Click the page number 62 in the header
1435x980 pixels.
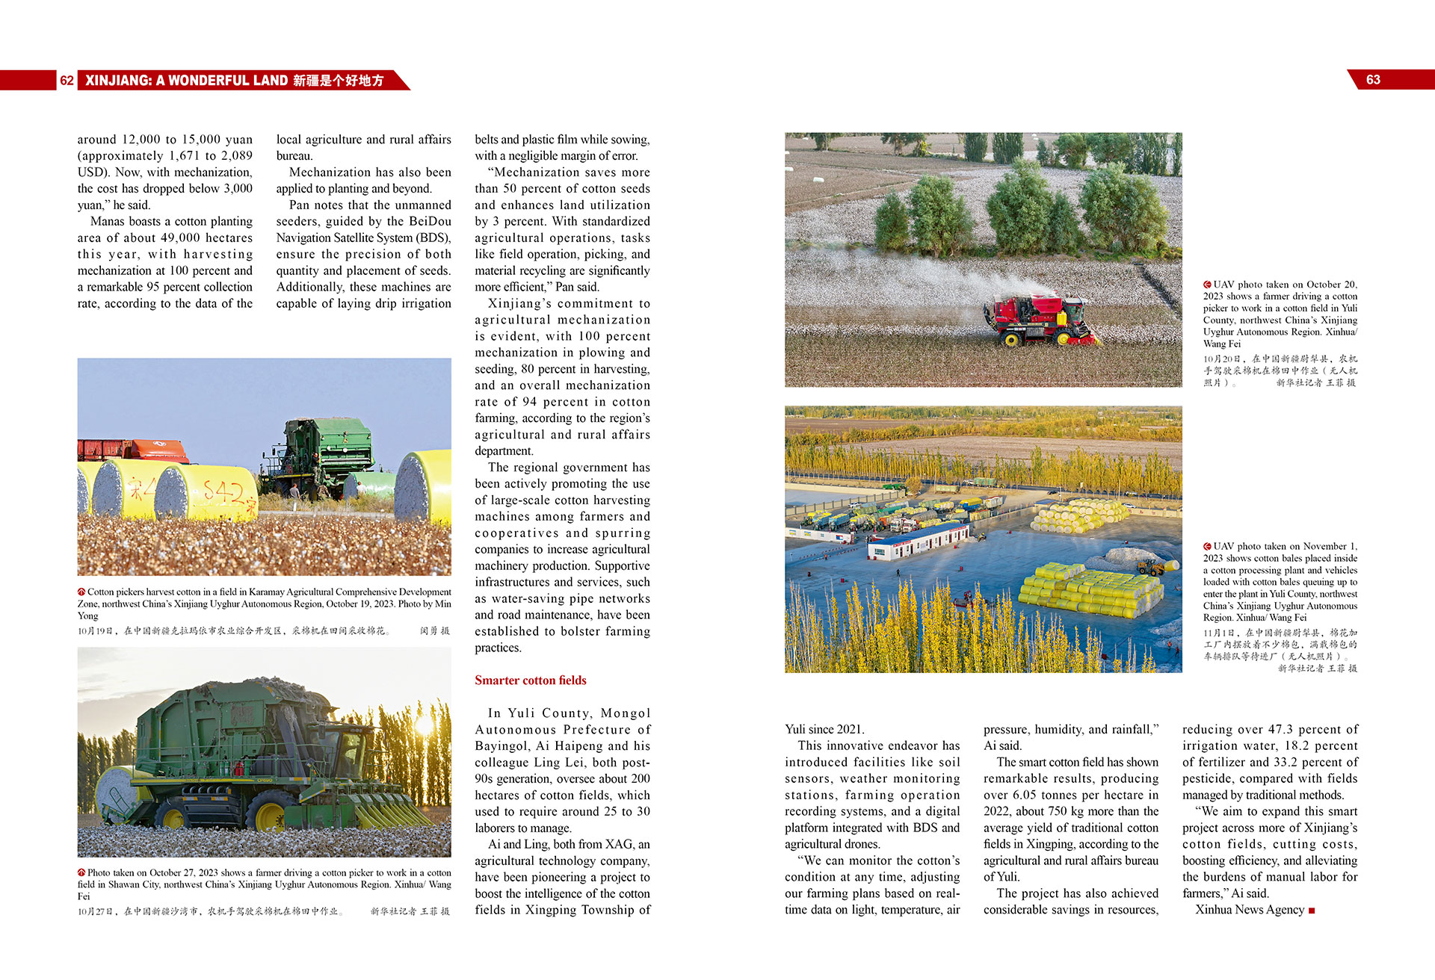[x=67, y=80]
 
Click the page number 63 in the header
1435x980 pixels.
[x=1373, y=80]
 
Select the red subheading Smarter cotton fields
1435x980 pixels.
[x=530, y=680]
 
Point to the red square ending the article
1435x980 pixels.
[x=1312, y=911]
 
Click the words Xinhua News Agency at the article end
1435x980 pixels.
[x=1249, y=910]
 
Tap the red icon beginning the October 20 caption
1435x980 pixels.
[x=1207, y=285]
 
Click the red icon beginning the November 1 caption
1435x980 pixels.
[x=1207, y=547]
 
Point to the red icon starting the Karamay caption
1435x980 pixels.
[x=81, y=592]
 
